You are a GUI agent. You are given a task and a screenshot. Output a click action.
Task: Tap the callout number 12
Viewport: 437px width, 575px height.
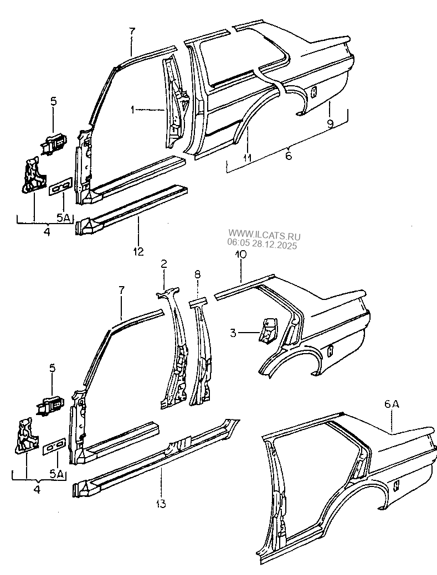(138, 251)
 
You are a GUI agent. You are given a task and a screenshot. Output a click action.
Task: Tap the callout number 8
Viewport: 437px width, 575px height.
(198, 273)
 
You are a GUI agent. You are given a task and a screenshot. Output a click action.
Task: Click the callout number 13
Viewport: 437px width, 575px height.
(161, 504)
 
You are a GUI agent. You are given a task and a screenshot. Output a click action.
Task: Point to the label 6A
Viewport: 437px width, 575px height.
(391, 405)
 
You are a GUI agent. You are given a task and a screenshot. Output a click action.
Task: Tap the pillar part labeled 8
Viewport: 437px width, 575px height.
(200, 360)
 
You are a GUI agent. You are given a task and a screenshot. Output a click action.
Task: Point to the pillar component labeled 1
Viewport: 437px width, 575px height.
(175, 105)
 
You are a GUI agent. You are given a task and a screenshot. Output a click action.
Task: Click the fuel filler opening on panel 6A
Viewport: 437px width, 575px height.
(397, 484)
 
